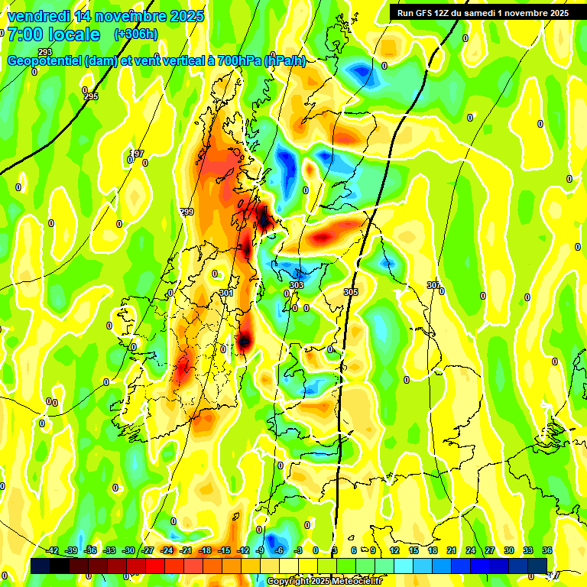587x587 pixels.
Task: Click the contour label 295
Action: click(91, 96)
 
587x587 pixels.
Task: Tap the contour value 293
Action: click(45, 53)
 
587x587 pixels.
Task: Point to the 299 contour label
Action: click(186, 212)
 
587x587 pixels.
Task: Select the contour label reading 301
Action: click(225, 293)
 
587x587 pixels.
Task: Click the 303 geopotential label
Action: click(297, 285)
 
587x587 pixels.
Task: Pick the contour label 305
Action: click(351, 292)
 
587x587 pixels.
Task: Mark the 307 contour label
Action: click(433, 285)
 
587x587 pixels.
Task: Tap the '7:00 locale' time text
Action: click(54, 34)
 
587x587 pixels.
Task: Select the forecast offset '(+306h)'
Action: click(136, 34)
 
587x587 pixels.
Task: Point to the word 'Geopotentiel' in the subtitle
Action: click(46, 61)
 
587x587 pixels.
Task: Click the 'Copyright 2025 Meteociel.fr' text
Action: click(324, 581)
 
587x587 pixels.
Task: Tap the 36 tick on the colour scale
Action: click(546, 550)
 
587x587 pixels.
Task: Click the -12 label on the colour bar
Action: click(243, 550)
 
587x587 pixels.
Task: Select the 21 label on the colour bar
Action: click(451, 550)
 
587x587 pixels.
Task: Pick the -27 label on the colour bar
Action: click(148, 550)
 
